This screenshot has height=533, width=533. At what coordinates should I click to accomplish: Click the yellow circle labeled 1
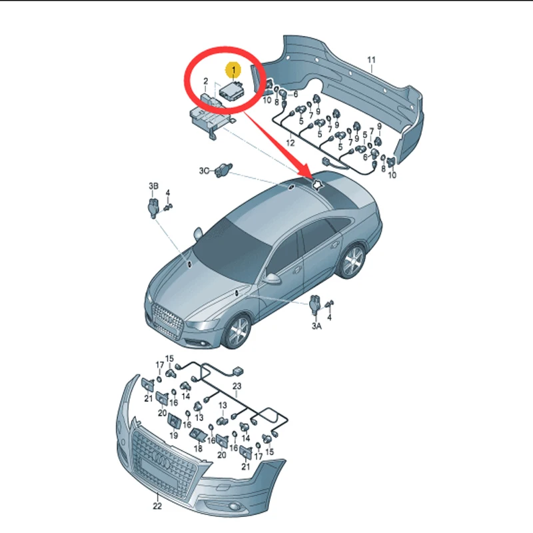click(233, 69)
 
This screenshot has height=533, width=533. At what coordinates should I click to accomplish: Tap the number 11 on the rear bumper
click(372, 61)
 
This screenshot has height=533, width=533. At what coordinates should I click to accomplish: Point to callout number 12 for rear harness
click(290, 143)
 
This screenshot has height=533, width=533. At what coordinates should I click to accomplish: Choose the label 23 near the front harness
click(237, 386)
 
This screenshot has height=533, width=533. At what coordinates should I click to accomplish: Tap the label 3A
click(316, 326)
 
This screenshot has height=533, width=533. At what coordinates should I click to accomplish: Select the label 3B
click(154, 185)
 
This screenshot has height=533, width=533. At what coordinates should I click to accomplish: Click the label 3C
click(204, 171)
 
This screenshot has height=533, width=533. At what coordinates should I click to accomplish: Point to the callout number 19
click(173, 435)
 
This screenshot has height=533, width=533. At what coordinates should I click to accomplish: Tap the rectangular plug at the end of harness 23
click(237, 372)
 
